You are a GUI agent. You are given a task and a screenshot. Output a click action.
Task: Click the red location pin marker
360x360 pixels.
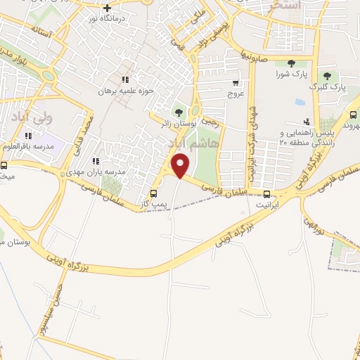pos(181,167)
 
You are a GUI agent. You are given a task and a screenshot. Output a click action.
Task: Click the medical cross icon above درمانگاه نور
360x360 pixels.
pos(107,8)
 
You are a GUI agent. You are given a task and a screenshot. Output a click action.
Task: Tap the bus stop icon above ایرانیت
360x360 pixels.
pos(266,195)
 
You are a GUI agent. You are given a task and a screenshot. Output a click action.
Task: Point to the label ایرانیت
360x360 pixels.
pos(266,206)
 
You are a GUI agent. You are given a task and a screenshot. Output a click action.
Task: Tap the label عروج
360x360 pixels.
pos(235,93)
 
